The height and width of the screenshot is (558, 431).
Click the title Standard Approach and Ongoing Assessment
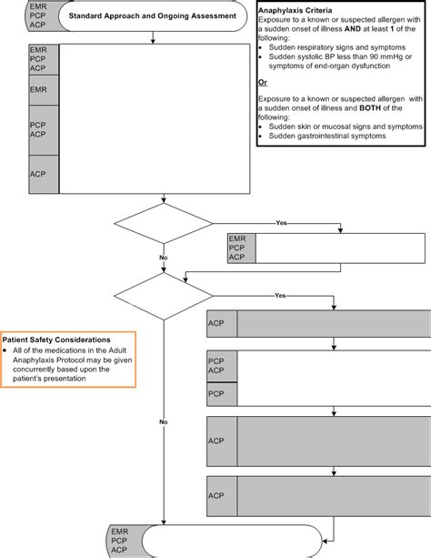click(154, 16)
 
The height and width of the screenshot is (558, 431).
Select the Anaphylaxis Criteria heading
click(295, 10)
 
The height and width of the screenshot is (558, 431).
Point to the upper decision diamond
click(162, 224)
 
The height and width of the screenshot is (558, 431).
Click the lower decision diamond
click(162, 296)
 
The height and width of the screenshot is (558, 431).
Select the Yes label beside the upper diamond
click(281, 223)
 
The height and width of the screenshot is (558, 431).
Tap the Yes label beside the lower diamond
click(281, 296)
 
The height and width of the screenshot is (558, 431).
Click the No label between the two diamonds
click(163, 259)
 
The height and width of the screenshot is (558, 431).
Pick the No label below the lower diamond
click(163, 422)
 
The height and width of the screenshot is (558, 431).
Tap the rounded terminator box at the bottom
click(215, 539)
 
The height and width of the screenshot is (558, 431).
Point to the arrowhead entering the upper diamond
click(162, 200)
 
